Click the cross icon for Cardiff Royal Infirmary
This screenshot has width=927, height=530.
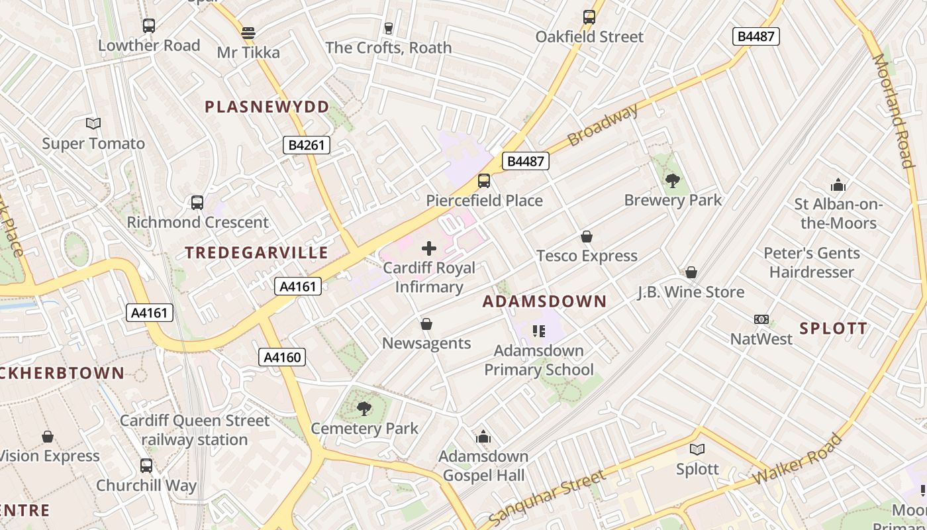pos(429,248)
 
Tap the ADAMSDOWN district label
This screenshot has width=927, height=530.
pos(544,302)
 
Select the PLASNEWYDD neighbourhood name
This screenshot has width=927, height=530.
pos(267,107)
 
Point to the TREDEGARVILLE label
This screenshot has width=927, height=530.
pos(256,252)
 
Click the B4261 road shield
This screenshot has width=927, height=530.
pos(307,145)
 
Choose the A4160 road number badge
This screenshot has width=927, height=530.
pos(282,358)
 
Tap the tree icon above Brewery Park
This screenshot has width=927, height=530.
pos(673,180)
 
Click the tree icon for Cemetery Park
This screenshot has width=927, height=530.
pos(364,408)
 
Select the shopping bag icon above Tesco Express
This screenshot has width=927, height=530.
pos(586,237)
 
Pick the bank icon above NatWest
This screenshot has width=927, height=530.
pos(761,319)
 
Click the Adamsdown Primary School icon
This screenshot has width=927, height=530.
pos(538,331)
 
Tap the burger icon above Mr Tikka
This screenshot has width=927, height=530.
pos(248,32)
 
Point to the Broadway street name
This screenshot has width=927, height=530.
pos(603,125)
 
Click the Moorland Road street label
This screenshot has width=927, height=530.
pos(893,111)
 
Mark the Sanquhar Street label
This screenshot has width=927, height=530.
pos(546,498)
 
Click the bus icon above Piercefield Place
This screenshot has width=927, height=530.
pos(484,181)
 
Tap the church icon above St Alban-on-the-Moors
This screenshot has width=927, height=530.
pos(838,185)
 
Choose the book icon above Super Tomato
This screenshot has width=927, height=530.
pos(93,123)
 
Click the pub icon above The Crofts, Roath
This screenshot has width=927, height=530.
pos(389,28)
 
